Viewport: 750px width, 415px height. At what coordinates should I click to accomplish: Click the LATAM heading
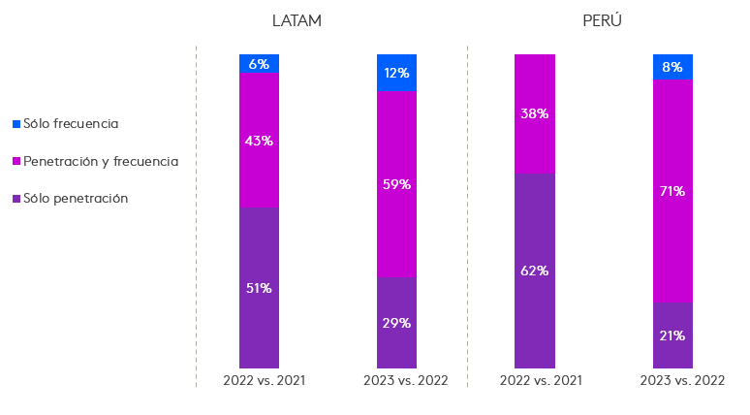(x=297, y=21)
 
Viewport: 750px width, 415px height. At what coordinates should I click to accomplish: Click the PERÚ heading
(x=602, y=21)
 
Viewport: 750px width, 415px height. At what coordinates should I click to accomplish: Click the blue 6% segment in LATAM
(x=259, y=64)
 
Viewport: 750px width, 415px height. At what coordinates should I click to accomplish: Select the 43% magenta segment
(x=259, y=141)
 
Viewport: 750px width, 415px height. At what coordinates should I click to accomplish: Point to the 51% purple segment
(x=259, y=287)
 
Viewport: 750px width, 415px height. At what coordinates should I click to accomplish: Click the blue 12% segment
(x=396, y=73)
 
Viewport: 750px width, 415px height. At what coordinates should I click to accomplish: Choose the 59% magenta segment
(x=396, y=184)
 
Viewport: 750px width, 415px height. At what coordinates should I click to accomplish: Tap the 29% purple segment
(x=396, y=323)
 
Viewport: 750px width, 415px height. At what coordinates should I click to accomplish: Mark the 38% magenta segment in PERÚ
(x=534, y=113)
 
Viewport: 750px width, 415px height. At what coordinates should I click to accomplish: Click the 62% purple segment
(x=534, y=271)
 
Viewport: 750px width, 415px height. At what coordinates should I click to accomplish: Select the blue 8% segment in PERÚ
(x=672, y=67)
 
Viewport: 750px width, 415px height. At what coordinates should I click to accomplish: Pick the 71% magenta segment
(x=672, y=191)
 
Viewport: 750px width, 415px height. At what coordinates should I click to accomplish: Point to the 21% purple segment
(x=672, y=335)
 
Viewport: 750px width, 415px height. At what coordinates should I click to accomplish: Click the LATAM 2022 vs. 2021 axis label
(x=264, y=380)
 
